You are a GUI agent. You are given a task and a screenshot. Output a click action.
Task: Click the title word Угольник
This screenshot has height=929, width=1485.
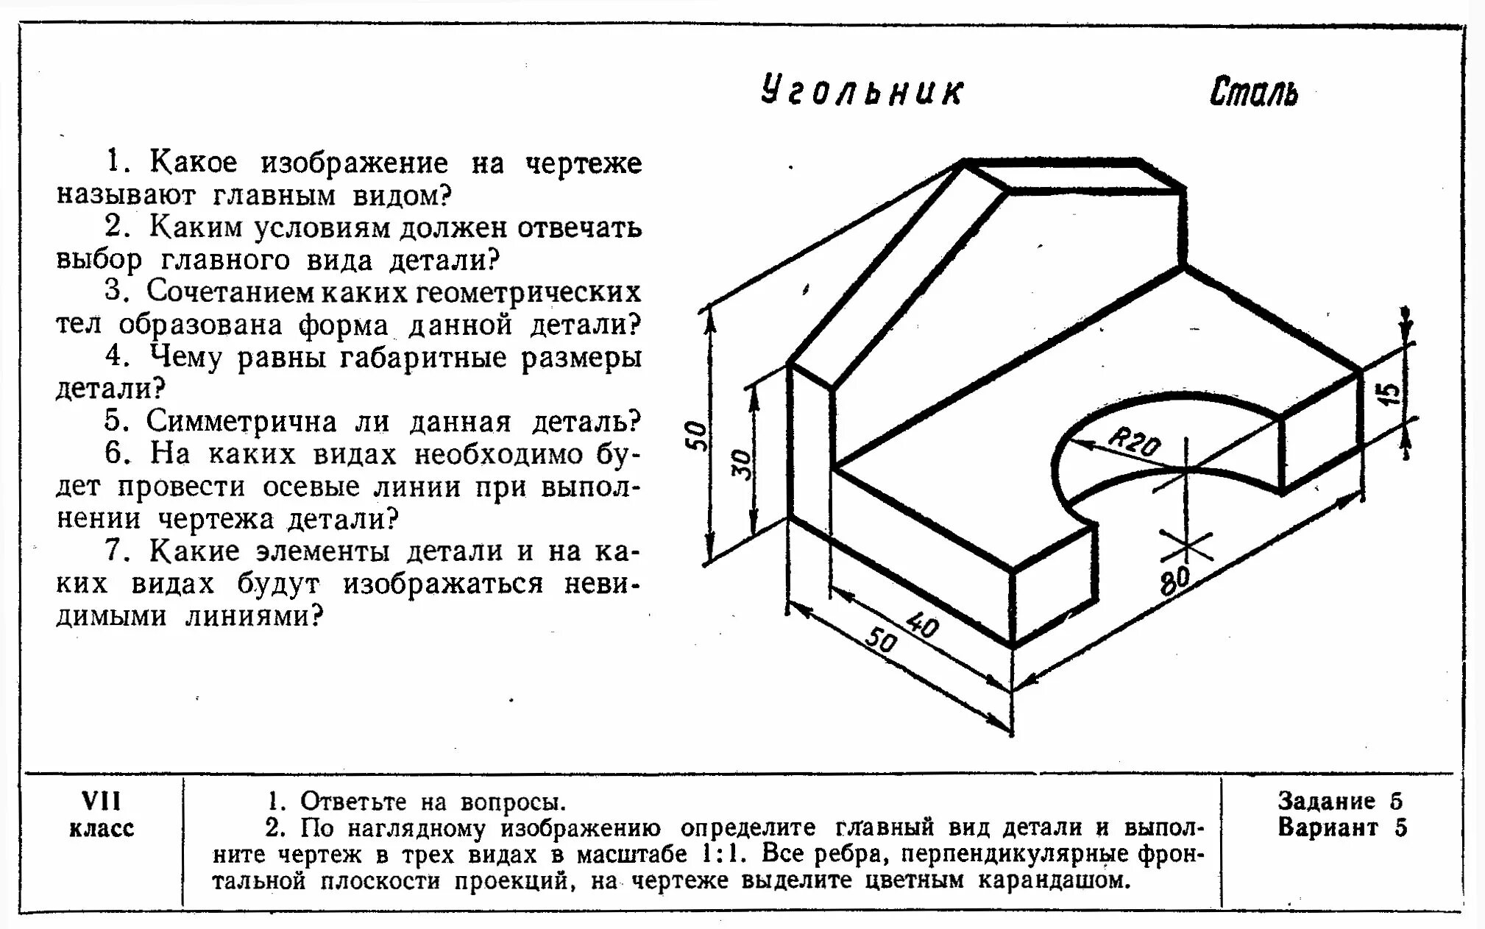(x=861, y=92)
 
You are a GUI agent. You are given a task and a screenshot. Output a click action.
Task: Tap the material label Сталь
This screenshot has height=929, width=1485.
(x=1254, y=93)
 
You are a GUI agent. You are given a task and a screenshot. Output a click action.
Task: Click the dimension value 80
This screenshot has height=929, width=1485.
(x=1174, y=580)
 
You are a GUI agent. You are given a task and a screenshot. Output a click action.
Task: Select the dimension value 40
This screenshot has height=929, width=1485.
(x=921, y=626)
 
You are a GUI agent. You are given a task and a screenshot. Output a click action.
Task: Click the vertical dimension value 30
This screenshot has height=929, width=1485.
(x=743, y=464)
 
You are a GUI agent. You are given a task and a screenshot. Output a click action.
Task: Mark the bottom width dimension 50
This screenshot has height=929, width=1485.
(x=880, y=641)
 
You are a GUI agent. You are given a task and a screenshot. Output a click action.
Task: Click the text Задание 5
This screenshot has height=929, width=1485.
(x=1340, y=801)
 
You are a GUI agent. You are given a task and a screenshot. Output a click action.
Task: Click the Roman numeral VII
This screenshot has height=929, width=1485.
(x=101, y=800)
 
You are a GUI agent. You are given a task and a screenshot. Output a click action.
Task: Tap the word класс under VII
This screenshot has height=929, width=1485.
(x=102, y=828)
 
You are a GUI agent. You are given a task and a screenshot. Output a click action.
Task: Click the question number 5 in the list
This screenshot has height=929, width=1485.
(x=114, y=421)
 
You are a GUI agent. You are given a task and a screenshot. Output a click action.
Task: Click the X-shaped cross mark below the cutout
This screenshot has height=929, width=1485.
(x=1185, y=545)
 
